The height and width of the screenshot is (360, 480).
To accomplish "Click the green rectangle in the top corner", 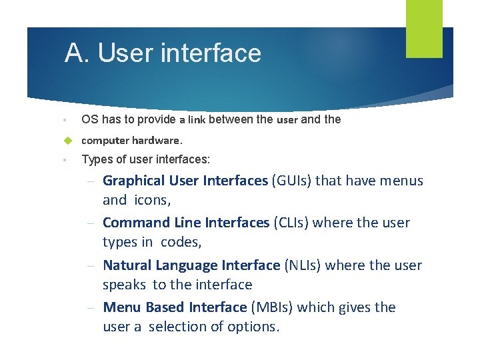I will click(x=424, y=28).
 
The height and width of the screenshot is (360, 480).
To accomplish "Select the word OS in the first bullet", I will click(x=89, y=119).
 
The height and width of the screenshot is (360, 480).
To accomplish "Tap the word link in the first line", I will click(x=197, y=120).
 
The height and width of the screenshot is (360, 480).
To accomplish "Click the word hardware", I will click(x=157, y=141).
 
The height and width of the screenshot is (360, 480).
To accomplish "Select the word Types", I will click(x=95, y=159).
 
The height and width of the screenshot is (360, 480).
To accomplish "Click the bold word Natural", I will click(x=127, y=265).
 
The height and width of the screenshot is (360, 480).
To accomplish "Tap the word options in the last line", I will click(x=253, y=327).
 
